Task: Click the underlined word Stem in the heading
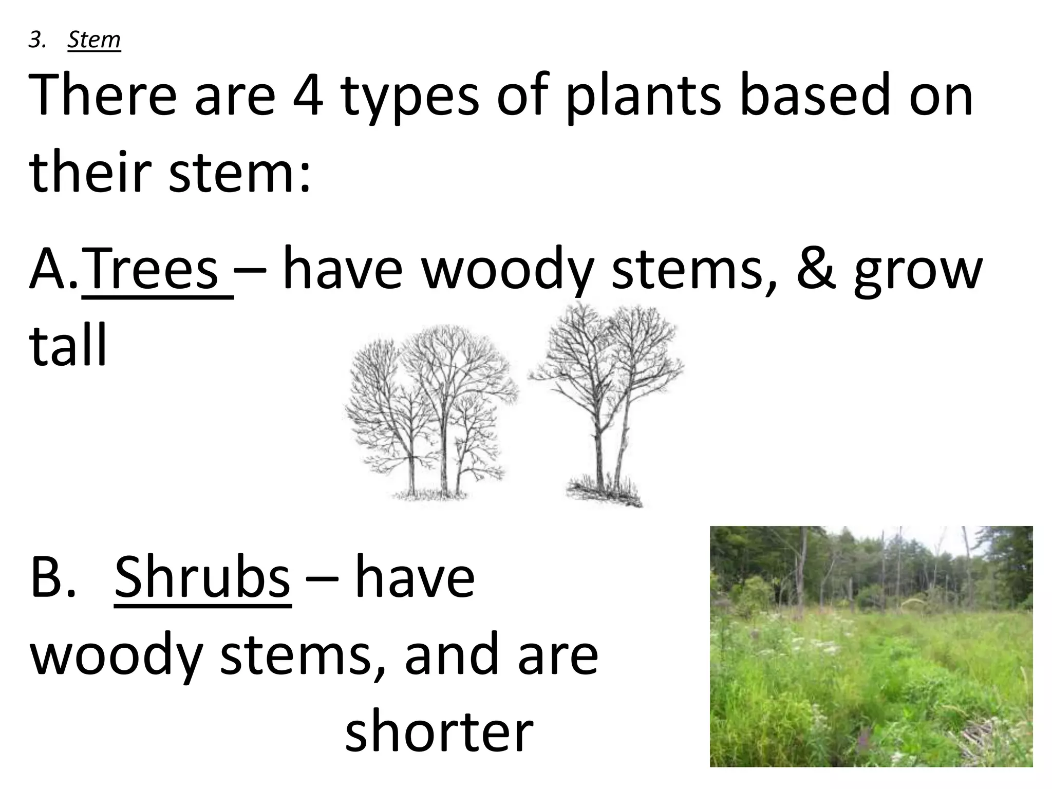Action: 93,40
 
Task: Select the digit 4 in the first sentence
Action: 308,96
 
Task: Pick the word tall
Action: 68,344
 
